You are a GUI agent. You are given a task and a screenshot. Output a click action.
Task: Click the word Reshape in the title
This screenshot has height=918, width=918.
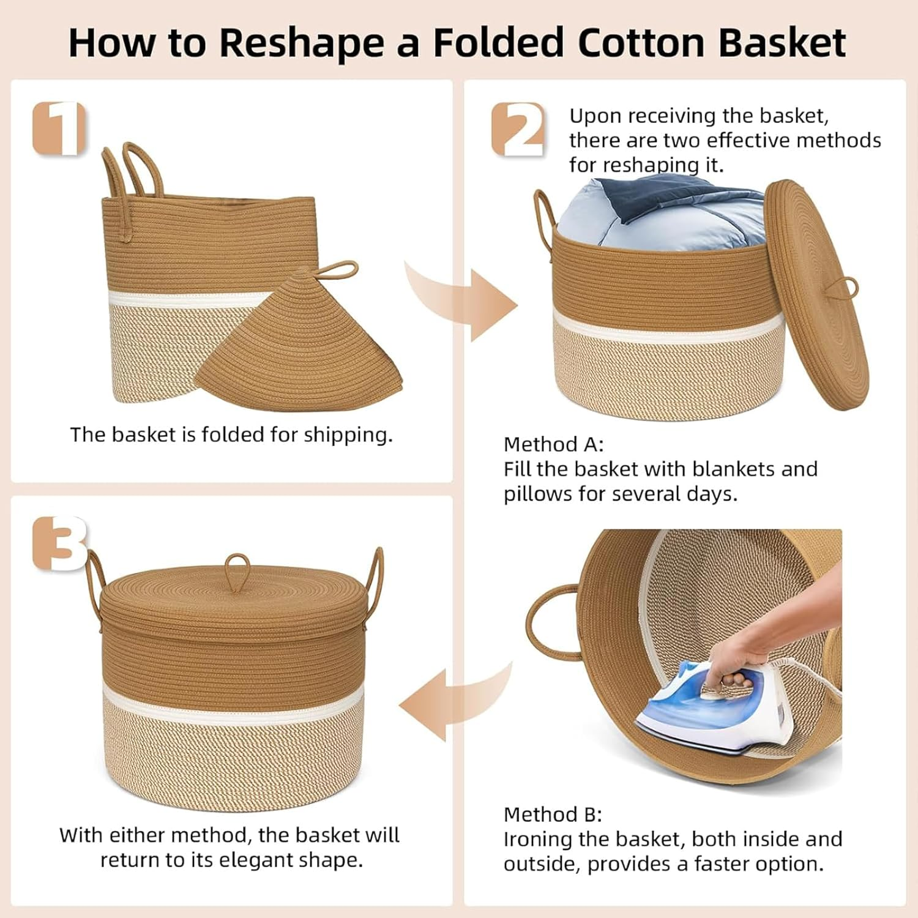click(x=302, y=43)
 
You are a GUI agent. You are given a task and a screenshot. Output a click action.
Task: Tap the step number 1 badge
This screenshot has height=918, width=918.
click(x=59, y=129)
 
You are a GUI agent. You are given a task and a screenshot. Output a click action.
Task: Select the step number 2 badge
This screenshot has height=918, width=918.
click(x=518, y=129)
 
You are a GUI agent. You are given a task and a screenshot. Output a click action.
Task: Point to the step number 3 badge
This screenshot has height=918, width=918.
click(x=60, y=543)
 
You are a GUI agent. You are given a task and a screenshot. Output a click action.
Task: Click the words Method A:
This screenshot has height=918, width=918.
click(x=553, y=444)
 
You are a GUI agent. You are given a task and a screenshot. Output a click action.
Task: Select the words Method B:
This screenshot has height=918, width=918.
click(x=553, y=815)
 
